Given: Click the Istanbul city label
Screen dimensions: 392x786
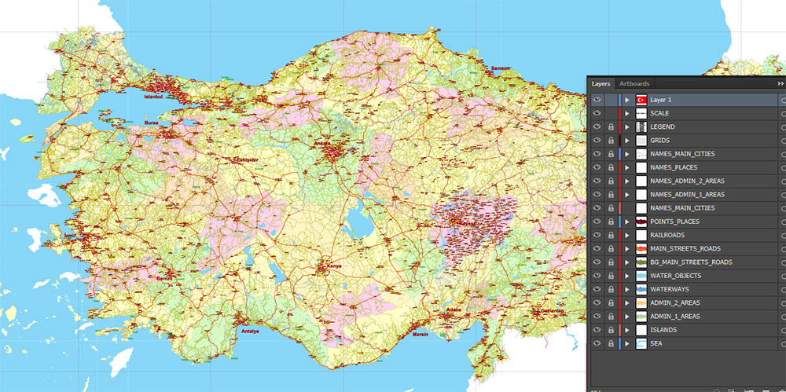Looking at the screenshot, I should (153, 97).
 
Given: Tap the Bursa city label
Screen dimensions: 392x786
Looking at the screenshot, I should (152, 123).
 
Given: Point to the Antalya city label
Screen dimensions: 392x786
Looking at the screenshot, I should (251, 330).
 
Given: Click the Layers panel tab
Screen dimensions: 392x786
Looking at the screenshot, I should (601, 83).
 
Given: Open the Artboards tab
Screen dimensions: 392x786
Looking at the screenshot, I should (634, 83).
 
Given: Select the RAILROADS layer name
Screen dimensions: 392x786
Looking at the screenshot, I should (667, 235).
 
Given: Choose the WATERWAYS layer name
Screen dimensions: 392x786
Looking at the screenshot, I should (669, 289).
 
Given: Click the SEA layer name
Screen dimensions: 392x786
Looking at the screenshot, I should (657, 343).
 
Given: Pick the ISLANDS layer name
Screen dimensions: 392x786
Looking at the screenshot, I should (663, 330).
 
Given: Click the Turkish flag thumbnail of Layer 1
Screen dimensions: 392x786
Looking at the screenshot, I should (641, 100).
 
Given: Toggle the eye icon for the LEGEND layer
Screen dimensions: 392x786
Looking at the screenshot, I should (597, 126).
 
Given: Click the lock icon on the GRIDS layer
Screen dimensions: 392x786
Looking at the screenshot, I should (611, 141).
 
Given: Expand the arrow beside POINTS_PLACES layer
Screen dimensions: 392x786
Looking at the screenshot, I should (626, 222).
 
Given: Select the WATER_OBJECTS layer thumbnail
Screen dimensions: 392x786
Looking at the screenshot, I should (641, 276).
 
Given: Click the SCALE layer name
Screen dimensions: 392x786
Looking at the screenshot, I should (659, 113).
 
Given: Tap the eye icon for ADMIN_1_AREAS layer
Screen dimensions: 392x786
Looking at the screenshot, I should (597, 317).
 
